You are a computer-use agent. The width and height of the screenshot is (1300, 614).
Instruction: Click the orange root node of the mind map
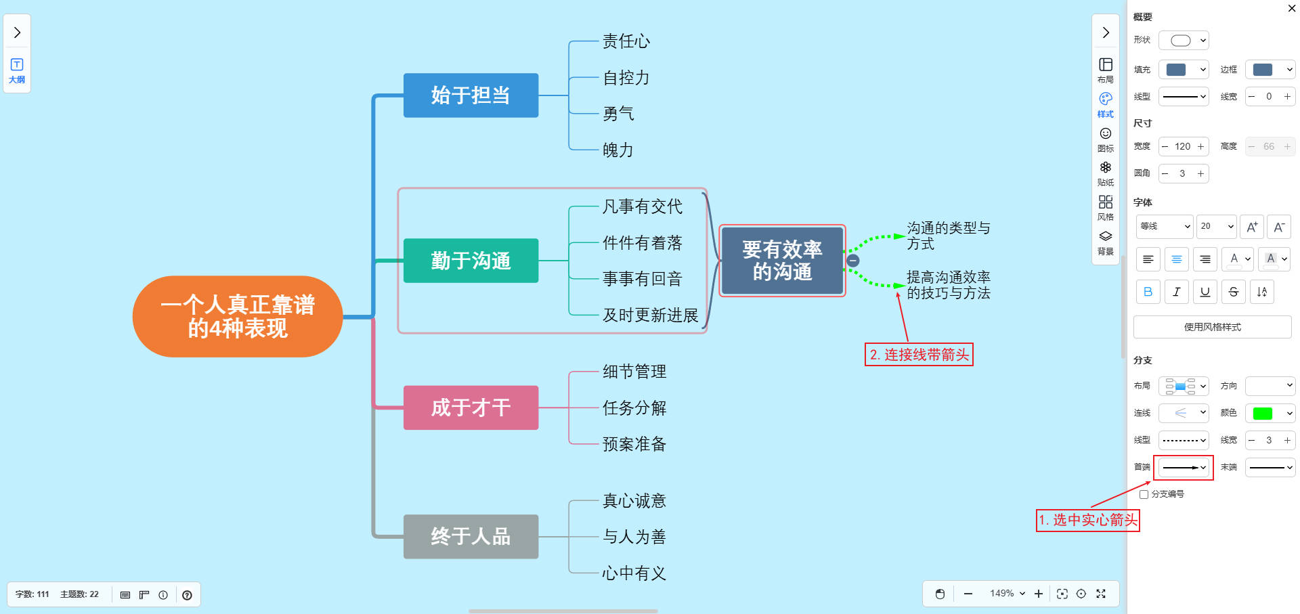tap(238, 316)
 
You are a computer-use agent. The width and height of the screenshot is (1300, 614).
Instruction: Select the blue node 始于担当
tap(471, 95)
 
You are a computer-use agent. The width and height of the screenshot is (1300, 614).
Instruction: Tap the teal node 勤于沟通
tap(471, 261)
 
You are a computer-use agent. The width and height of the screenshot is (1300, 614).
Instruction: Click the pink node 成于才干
tap(471, 408)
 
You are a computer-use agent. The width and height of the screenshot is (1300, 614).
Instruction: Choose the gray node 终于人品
tap(471, 537)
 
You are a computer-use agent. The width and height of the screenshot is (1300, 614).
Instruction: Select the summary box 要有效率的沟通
tap(782, 261)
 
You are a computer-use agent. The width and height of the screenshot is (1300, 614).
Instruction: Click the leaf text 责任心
tap(626, 42)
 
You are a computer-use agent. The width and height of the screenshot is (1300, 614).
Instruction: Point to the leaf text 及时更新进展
tap(650, 315)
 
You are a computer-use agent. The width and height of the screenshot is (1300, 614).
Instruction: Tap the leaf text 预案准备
tap(634, 444)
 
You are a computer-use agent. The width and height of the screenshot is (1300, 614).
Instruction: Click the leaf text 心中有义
tap(634, 573)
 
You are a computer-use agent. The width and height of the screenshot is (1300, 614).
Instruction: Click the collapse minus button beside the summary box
tap(853, 261)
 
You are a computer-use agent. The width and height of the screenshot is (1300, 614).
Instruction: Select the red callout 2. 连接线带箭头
tap(919, 355)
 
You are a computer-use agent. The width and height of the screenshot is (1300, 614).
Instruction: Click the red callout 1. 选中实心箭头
tap(1087, 520)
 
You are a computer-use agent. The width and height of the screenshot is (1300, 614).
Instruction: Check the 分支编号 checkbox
tap(1144, 494)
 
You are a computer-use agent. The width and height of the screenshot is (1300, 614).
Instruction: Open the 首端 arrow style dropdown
tap(1184, 468)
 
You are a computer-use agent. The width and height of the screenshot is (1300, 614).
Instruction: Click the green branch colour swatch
tap(1263, 413)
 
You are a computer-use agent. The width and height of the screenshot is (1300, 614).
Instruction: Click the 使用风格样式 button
tap(1212, 327)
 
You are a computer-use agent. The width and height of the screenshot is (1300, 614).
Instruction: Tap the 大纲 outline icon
tap(17, 70)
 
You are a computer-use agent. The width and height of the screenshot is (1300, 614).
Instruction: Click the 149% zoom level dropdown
tap(1007, 594)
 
